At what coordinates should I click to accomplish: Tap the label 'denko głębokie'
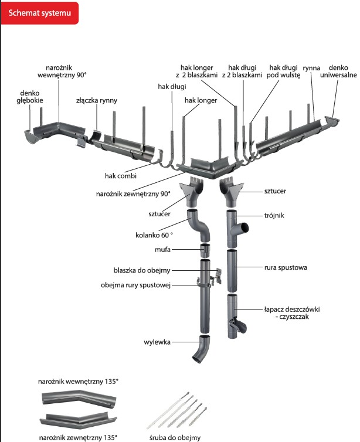[29, 96]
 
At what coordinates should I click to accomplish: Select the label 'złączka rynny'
[97, 100]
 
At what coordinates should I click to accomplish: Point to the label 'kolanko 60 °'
[154, 236]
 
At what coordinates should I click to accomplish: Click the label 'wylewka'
[157, 341]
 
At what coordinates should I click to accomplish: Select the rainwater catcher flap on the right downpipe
[238, 325]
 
